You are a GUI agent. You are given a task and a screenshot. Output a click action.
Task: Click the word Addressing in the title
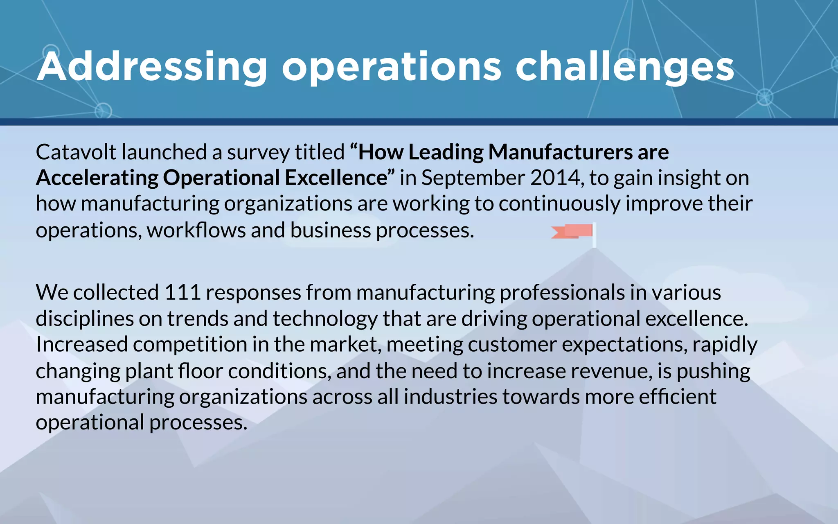(x=152, y=68)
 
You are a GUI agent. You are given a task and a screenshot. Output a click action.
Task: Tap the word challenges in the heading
(x=624, y=68)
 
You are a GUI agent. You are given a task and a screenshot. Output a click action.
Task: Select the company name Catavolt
(x=76, y=152)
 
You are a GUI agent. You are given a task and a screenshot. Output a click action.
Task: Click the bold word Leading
(x=446, y=152)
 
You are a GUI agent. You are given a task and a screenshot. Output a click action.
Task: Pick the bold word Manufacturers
(x=560, y=152)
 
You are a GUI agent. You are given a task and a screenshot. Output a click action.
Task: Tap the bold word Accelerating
(x=97, y=178)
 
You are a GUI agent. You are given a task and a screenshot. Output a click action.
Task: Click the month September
(x=473, y=178)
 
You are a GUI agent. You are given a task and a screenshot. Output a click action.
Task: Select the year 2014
(x=555, y=178)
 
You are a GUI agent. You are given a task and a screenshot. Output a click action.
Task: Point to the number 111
(x=182, y=293)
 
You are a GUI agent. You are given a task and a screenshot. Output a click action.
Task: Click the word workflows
(x=196, y=230)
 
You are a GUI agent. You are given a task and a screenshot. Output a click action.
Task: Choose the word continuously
(x=559, y=204)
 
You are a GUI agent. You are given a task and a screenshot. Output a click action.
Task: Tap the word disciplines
(x=84, y=319)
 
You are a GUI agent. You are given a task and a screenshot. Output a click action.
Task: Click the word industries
(x=451, y=397)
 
